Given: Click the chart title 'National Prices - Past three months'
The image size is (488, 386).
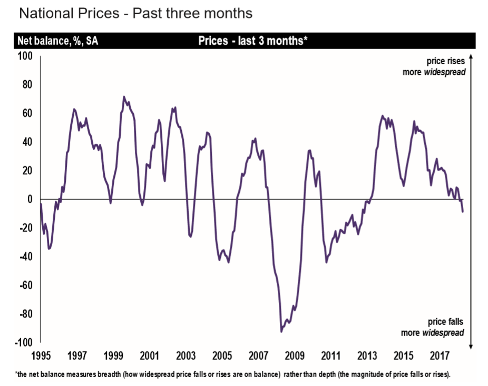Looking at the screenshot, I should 135,13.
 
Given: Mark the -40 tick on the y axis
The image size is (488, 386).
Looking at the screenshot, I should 25,257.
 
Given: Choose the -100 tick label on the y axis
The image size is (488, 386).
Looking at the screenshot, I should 23,343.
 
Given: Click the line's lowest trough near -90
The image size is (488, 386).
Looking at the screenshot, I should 281,331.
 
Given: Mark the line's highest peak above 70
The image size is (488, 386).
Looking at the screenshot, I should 124,97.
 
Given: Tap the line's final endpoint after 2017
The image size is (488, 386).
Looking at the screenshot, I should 463,211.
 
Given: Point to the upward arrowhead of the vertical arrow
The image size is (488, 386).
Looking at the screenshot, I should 471,55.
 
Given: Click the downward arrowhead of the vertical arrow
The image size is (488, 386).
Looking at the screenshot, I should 471,345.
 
